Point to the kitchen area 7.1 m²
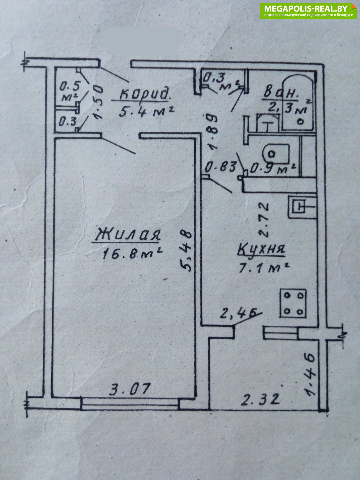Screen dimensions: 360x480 [264, 268]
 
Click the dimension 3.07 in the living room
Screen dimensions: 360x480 [130, 388]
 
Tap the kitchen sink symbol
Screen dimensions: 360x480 [302, 207]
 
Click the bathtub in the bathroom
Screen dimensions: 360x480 [298, 103]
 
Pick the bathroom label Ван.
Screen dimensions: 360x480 [281, 93]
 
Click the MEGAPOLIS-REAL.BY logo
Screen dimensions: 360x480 [308, 11]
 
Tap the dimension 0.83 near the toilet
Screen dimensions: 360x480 [221, 167]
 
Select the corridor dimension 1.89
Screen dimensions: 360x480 [212, 132]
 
